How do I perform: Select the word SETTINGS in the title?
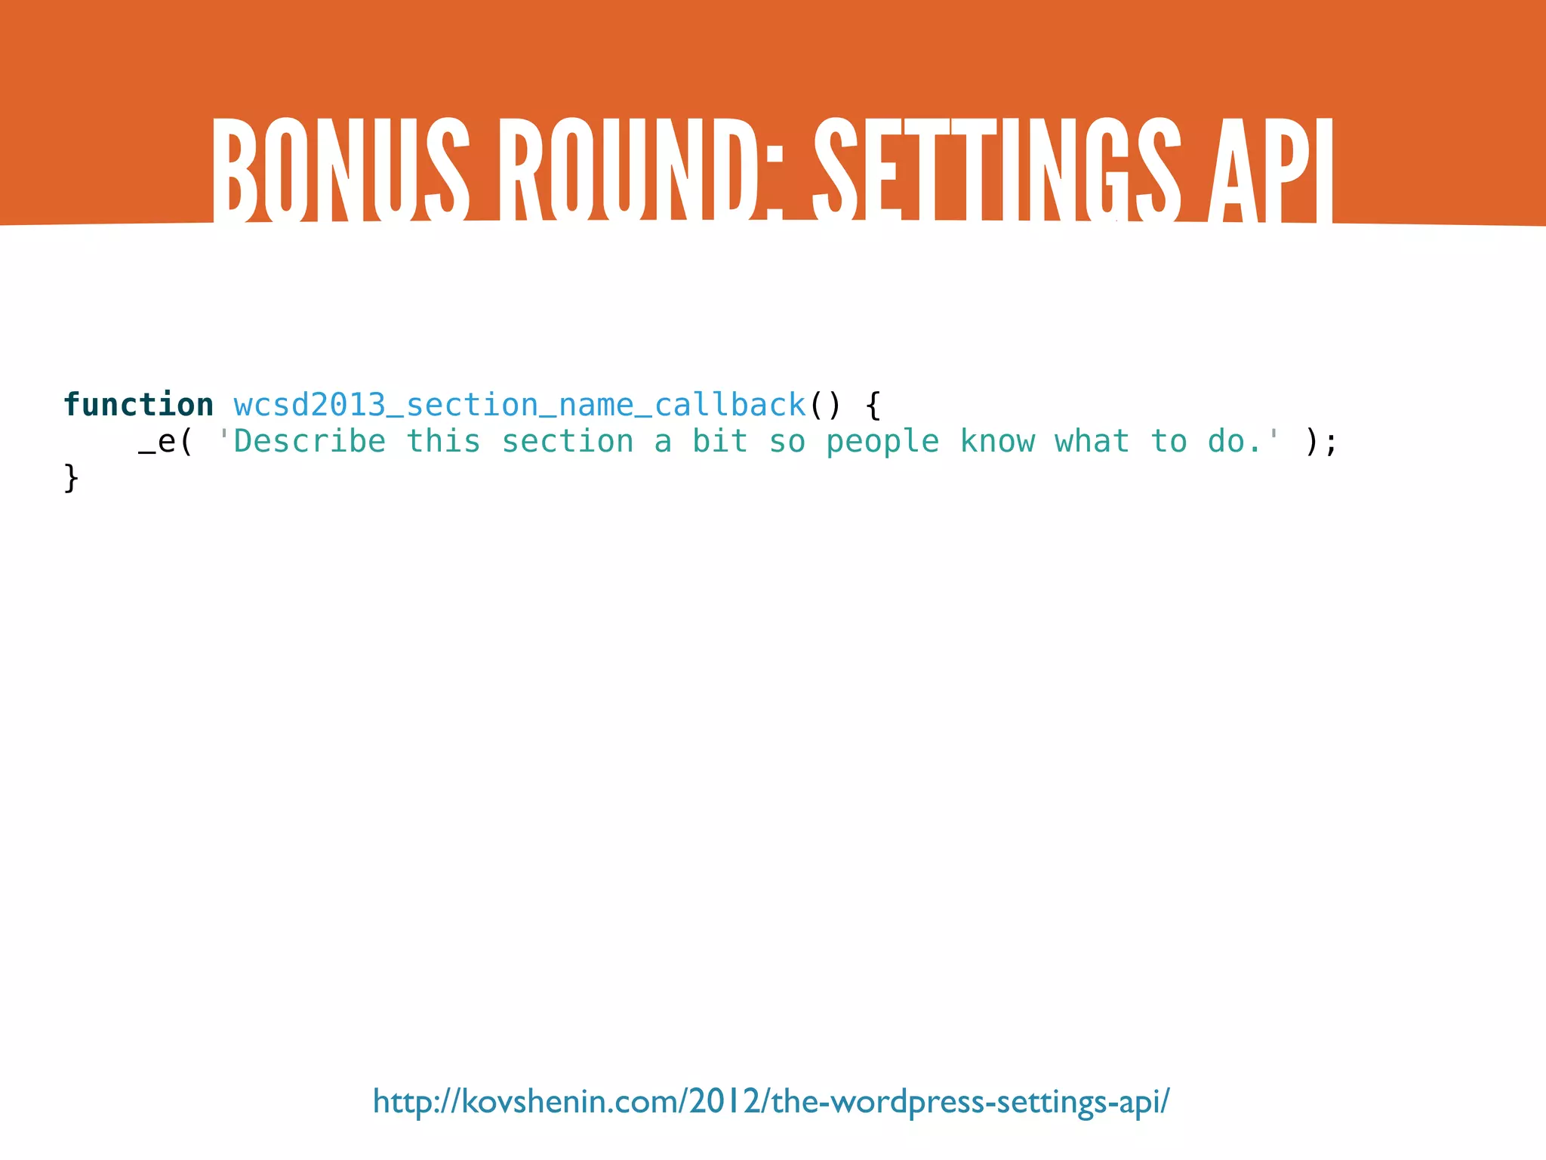[x=996, y=170]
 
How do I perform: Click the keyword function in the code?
[x=139, y=405]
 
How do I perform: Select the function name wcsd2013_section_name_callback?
[x=520, y=406]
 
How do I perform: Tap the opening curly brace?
[x=873, y=406]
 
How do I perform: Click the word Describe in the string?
[x=310, y=442]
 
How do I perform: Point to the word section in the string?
[x=568, y=442]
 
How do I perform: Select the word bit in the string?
[x=720, y=442]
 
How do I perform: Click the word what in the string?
[x=1092, y=442]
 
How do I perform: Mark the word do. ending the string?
[x=1235, y=442]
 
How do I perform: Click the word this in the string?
[x=443, y=442]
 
